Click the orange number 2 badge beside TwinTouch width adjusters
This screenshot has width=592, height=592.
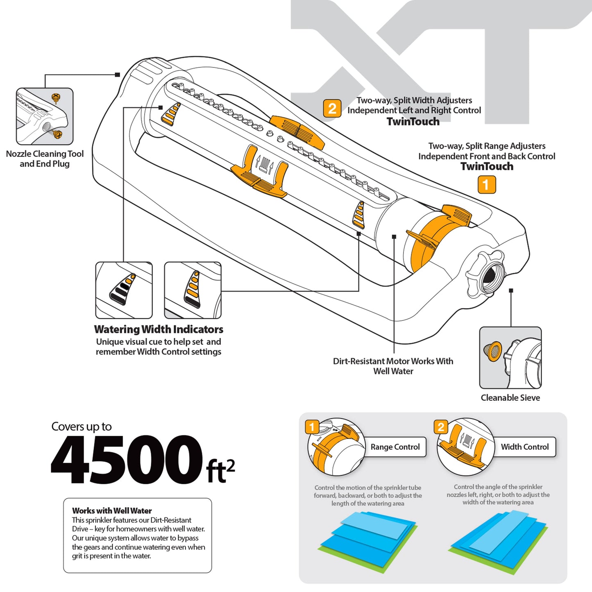[x=332, y=109]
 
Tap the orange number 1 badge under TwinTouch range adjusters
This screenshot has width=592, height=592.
[x=487, y=185]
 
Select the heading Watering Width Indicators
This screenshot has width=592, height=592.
[x=159, y=329]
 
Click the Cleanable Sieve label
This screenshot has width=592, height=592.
[x=510, y=398]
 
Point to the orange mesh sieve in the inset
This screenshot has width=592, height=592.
[x=492, y=351]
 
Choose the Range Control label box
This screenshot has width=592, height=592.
[x=395, y=447]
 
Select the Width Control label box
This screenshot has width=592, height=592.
[x=524, y=447]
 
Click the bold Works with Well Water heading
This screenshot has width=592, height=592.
[x=112, y=511]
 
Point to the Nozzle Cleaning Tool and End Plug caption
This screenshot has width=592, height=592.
[x=45, y=159]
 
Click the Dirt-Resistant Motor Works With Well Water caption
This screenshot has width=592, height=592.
[x=393, y=366]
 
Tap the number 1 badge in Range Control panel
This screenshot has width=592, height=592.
[x=312, y=427]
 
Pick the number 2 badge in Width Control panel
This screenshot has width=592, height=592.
[x=441, y=427]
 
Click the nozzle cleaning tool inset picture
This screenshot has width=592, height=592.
[x=45, y=116]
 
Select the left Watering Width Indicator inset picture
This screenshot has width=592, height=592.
[x=124, y=290]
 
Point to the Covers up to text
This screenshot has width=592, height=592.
[x=82, y=427]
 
